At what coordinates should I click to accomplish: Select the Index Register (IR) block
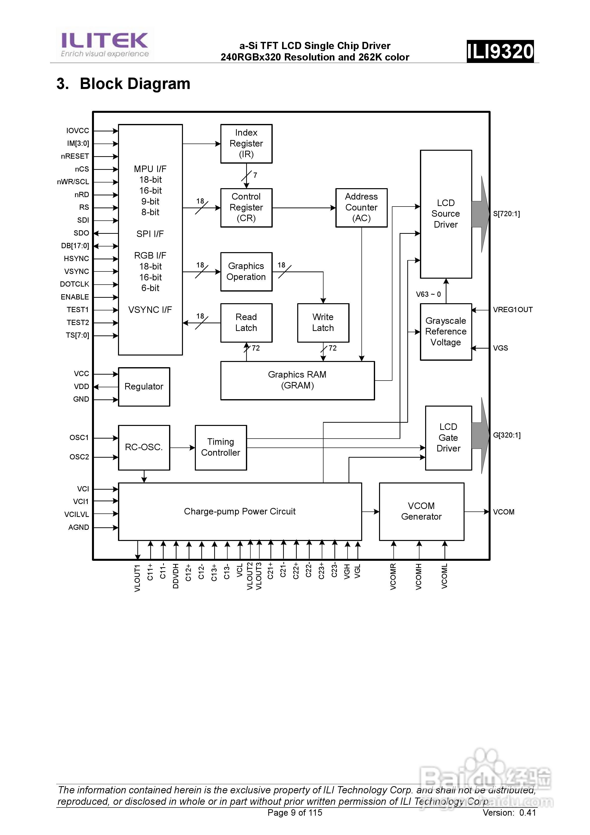pyautogui.click(x=246, y=144)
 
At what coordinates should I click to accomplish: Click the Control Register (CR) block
pyautogui.click(x=246, y=208)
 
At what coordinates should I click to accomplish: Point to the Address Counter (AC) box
pyautogui.click(x=361, y=208)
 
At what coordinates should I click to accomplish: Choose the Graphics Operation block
pyautogui.click(x=246, y=272)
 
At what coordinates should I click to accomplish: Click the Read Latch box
pyautogui.click(x=246, y=323)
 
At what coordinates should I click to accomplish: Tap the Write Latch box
pyautogui.click(x=323, y=323)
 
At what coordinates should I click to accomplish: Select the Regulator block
pyautogui.click(x=144, y=387)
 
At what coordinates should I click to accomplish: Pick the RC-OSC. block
pyautogui.click(x=144, y=447)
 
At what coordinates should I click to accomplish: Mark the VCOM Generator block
pyautogui.click(x=421, y=511)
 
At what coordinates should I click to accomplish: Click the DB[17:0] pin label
pyautogui.click(x=75, y=246)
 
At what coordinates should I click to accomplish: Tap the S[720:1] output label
pyautogui.click(x=506, y=214)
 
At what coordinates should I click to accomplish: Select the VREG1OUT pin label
pyautogui.click(x=512, y=310)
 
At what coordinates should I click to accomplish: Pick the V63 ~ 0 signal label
pyautogui.click(x=428, y=294)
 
